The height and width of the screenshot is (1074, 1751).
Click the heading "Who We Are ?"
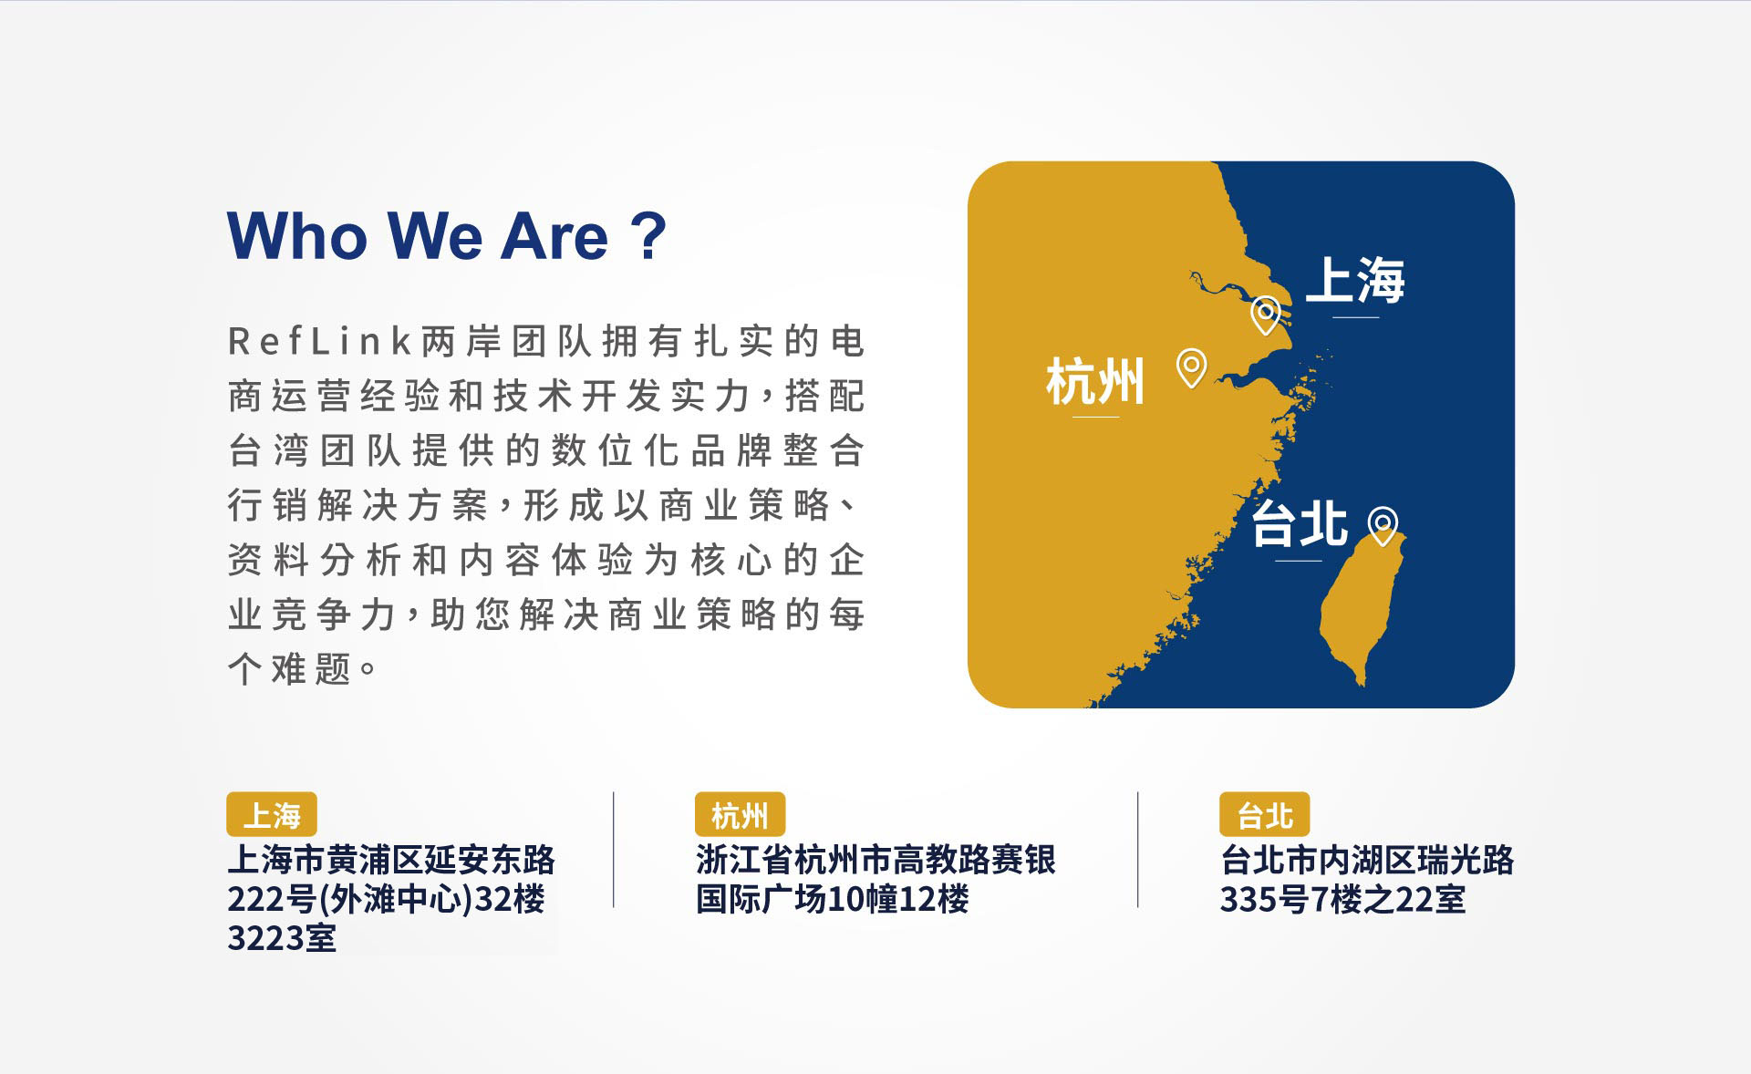coord(447,236)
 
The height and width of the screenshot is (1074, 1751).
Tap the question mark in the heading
coord(648,236)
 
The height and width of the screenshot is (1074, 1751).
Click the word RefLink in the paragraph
coord(320,342)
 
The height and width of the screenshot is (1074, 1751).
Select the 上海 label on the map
coord(1355,280)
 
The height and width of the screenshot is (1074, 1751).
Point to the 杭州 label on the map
coord(1095,381)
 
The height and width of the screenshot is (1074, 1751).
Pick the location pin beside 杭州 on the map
coord(1191,368)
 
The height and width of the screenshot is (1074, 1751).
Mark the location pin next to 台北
coord(1383,526)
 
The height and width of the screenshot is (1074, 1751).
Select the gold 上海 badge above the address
coord(272,814)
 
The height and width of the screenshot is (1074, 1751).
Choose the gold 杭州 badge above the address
coord(740,814)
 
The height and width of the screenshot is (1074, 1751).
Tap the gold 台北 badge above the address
coord(1265,814)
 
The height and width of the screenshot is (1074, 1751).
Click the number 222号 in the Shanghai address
coord(272,900)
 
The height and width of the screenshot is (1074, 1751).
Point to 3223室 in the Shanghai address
coord(282,938)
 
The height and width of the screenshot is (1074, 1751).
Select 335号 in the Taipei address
coord(1265,900)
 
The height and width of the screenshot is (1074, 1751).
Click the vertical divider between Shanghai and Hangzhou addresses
coord(614,850)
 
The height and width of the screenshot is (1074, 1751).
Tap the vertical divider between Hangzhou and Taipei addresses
coord(1138,850)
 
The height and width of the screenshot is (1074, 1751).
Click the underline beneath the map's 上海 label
coord(1355,317)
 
